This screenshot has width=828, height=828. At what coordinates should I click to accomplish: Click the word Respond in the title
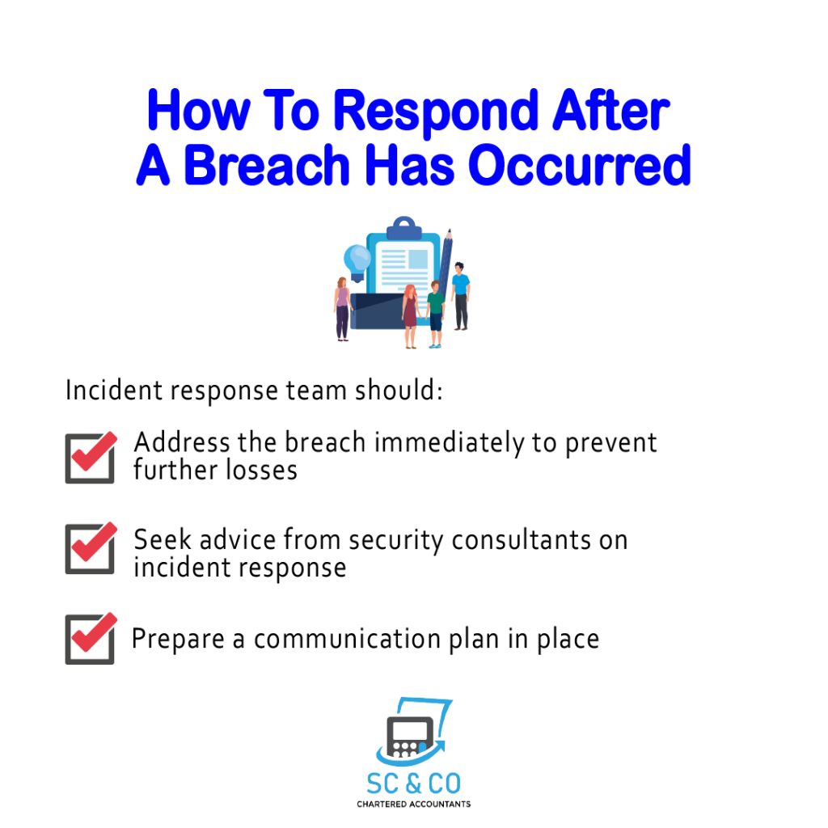pos(436,112)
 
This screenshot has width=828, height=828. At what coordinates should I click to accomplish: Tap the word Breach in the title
pos(267,165)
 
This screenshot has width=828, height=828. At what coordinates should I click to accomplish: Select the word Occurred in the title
pos(579,165)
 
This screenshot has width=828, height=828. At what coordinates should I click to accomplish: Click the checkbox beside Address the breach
pos(91,458)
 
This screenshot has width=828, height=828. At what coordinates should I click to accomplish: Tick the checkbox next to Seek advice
pos(91,548)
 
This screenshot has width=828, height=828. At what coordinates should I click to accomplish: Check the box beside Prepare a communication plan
pos(91,639)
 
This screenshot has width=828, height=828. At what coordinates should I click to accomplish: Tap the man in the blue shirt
pos(460,296)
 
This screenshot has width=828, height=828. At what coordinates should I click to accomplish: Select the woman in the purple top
pos(342,309)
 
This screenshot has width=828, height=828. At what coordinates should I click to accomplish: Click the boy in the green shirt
pos(435,315)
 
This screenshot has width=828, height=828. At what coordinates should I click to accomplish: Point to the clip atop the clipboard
pos(404,228)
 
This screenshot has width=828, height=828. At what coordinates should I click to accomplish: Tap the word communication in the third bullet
pos(347,639)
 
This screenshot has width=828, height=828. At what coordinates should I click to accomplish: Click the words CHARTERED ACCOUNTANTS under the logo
pos(413,805)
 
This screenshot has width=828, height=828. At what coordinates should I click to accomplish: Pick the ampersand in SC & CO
pos(413,784)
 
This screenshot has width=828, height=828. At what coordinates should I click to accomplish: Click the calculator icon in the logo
pos(410,737)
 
